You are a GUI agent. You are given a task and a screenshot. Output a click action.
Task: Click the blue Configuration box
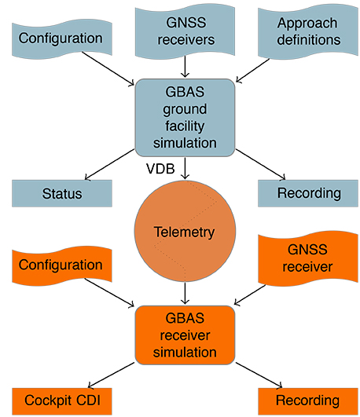[62, 40]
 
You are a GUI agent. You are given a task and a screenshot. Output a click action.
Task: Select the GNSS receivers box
[185, 31]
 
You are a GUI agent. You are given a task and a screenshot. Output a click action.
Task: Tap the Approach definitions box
[308, 32]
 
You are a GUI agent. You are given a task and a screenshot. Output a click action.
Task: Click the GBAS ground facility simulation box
[185, 118]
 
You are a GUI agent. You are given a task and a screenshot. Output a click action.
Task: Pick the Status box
[62, 193]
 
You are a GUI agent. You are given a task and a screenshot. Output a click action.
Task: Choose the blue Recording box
[308, 193]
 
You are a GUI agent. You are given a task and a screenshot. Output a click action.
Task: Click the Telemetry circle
[185, 231]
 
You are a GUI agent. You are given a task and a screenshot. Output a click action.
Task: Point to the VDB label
[160, 169]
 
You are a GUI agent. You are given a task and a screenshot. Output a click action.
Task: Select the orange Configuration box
[62, 266]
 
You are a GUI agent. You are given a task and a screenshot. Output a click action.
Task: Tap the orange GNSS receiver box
[308, 259]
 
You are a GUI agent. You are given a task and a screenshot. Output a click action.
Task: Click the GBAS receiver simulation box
[185, 335]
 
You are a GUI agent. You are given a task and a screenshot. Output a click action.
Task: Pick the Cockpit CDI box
[62, 401]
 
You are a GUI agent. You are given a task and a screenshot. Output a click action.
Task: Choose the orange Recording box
[308, 401]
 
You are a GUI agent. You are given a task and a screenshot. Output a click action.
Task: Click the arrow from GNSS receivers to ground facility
[185, 67]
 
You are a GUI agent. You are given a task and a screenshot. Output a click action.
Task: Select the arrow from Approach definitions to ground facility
[252, 71]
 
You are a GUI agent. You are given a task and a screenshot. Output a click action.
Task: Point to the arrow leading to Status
[109, 164]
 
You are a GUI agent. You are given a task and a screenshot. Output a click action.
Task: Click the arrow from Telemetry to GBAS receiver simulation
[185, 293]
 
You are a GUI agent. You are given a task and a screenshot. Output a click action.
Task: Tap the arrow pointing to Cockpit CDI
[111, 375]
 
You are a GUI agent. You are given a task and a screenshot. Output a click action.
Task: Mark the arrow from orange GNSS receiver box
[250, 295]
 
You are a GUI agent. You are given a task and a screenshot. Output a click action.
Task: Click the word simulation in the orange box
[185, 353]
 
